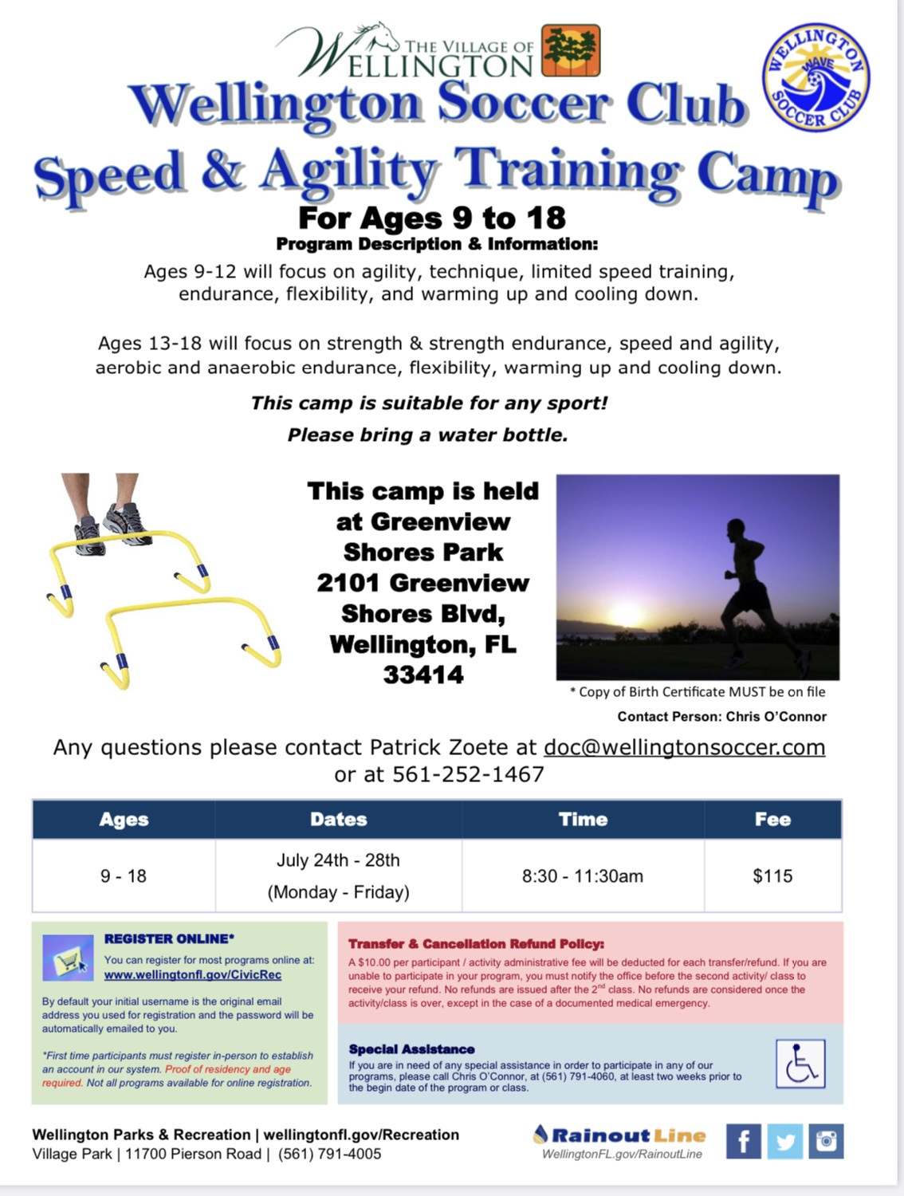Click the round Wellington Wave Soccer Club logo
click(x=816, y=77)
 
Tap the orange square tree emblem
click(x=571, y=50)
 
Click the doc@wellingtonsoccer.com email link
click(x=685, y=747)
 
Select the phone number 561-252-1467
click(x=468, y=774)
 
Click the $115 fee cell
click(x=772, y=876)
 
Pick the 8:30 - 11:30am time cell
click(x=583, y=876)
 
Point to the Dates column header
click(x=338, y=820)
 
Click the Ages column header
click(x=124, y=820)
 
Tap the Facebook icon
click(x=743, y=1141)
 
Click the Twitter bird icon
click(x=784, y=1141)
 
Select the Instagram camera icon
click(x=826, y=1141)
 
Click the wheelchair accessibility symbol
click(x=800, y=1064)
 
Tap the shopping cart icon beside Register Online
click(x=68, y=958)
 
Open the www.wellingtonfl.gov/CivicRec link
click(x=193, y=975)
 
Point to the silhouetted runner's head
click(x=736, y=528)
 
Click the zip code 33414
click(x=423, y=675)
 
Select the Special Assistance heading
click(x=411, y=1049)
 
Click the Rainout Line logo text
click(x=619, y=1135)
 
